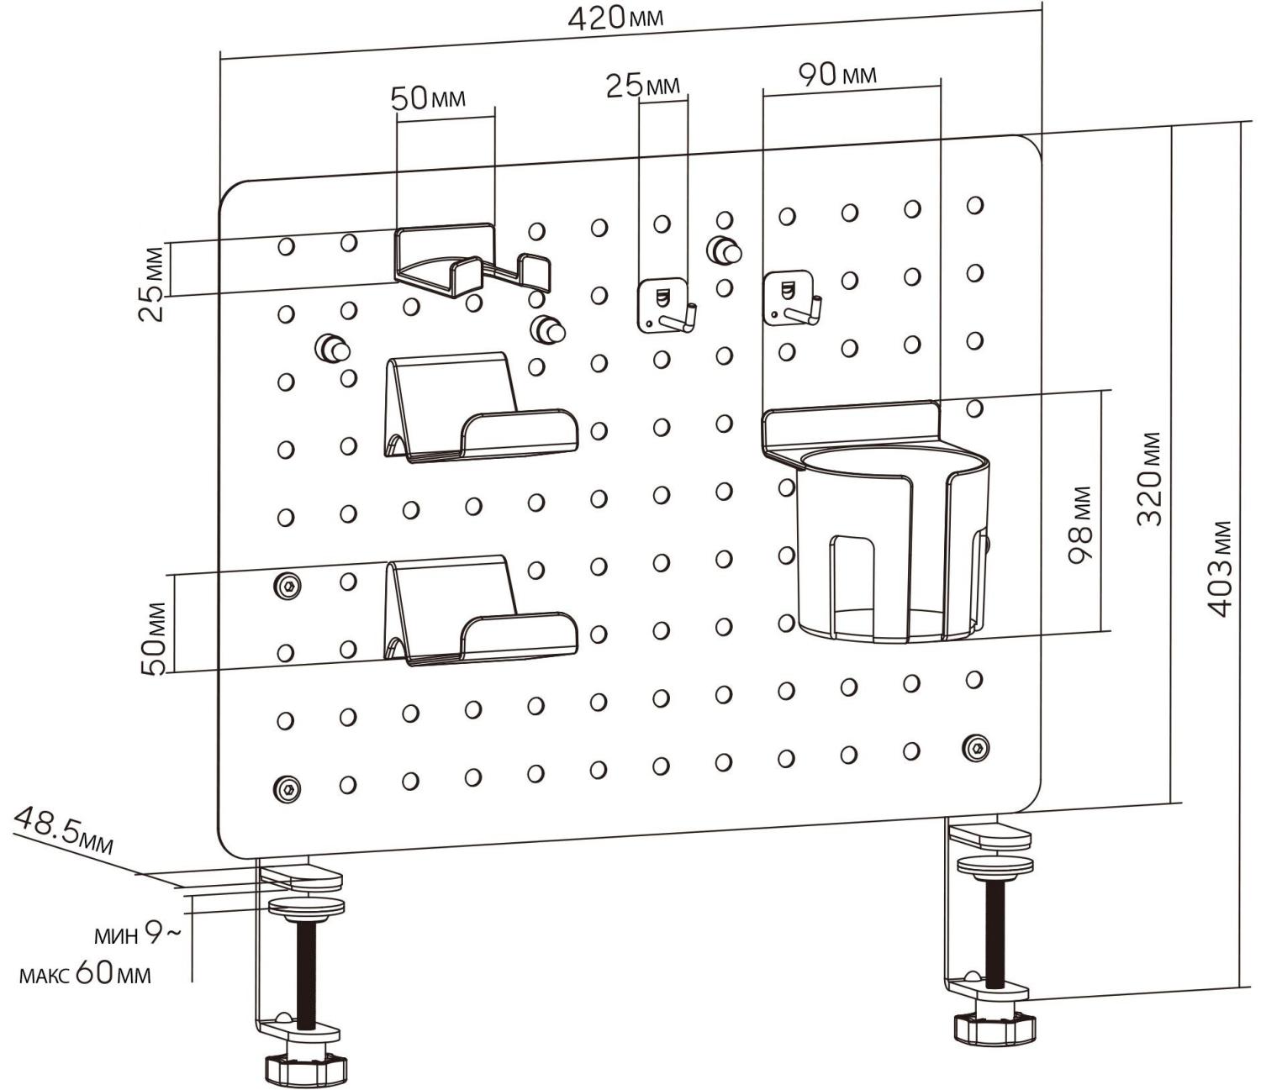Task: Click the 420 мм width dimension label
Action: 615,18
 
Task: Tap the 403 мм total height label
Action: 1221,570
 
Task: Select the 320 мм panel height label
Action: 1150,479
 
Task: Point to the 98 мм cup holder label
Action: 1082,525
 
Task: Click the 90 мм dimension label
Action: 836,76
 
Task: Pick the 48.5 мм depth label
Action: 64,829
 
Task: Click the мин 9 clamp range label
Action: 135,933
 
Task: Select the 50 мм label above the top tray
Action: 428,99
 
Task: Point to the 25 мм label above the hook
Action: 642,85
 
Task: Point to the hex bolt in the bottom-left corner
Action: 288,788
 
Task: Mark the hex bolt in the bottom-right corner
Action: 975,747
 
